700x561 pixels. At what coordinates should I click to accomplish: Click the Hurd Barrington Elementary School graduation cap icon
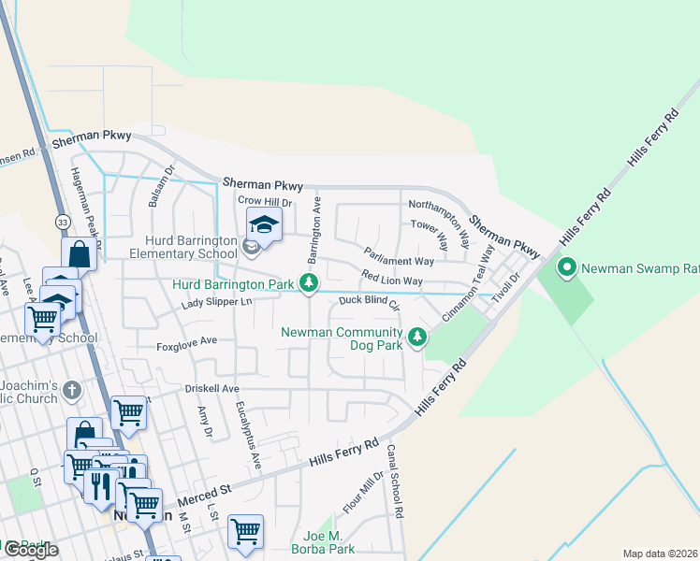point(264,224)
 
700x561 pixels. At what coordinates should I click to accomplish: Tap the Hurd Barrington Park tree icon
point(309,283)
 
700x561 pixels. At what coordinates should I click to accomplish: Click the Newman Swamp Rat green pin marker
point(566,269)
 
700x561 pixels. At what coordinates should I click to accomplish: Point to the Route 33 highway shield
point(62,222)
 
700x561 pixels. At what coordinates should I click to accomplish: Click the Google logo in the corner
point(30,550)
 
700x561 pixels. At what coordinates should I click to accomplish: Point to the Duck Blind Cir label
point(369,301)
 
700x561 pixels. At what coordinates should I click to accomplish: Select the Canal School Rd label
point(396,482)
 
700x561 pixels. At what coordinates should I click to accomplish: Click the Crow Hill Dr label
point(265,201)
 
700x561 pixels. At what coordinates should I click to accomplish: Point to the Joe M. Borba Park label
point(322,542)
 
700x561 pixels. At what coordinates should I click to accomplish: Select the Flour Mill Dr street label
point(363,493)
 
